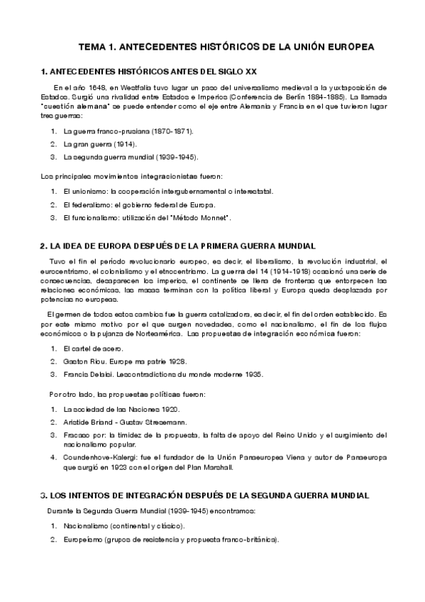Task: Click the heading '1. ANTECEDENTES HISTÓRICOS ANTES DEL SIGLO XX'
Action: [149, 72]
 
